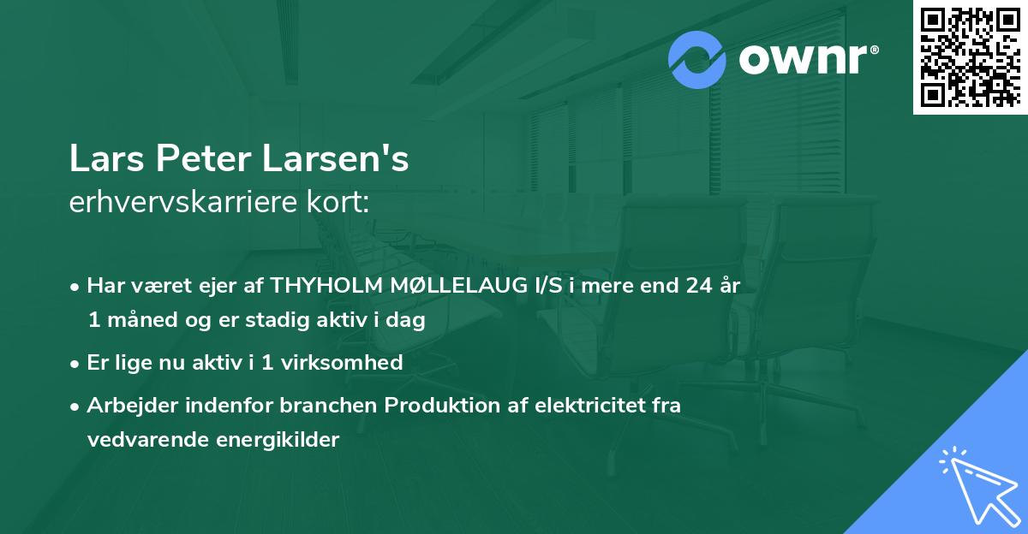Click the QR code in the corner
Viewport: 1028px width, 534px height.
click(x=970, y=56)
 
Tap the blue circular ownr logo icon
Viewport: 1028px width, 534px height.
click(x=697, y=60)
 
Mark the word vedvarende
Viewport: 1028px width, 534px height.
click(x=141, y=440)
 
